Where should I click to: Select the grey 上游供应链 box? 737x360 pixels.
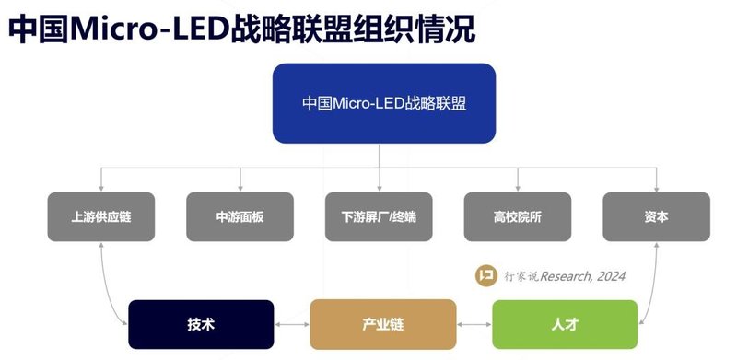coord(100,217)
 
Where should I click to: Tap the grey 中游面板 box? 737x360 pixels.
coord(240,217)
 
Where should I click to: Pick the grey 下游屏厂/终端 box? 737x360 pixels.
coord(379,217)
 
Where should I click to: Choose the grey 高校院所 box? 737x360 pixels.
coord(518,217)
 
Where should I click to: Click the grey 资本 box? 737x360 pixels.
coord(657,217)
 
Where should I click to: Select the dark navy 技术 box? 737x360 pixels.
coord(201,324)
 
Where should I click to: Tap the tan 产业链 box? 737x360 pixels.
coord(382,324)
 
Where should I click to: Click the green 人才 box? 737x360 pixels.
coord(565,324)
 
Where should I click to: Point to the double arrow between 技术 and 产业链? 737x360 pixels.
coord(292,325)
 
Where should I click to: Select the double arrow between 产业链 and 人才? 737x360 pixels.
coord(474,325)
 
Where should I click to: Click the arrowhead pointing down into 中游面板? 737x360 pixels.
coord(240,187)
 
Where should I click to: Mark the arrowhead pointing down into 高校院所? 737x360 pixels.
coord(518,187)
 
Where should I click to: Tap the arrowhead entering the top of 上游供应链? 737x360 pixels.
coord(100,187)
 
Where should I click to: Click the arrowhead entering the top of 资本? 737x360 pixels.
coord(657,187)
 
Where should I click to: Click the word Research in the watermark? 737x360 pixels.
coord(563,276)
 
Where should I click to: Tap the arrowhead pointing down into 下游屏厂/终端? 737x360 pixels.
coord(379,187)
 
